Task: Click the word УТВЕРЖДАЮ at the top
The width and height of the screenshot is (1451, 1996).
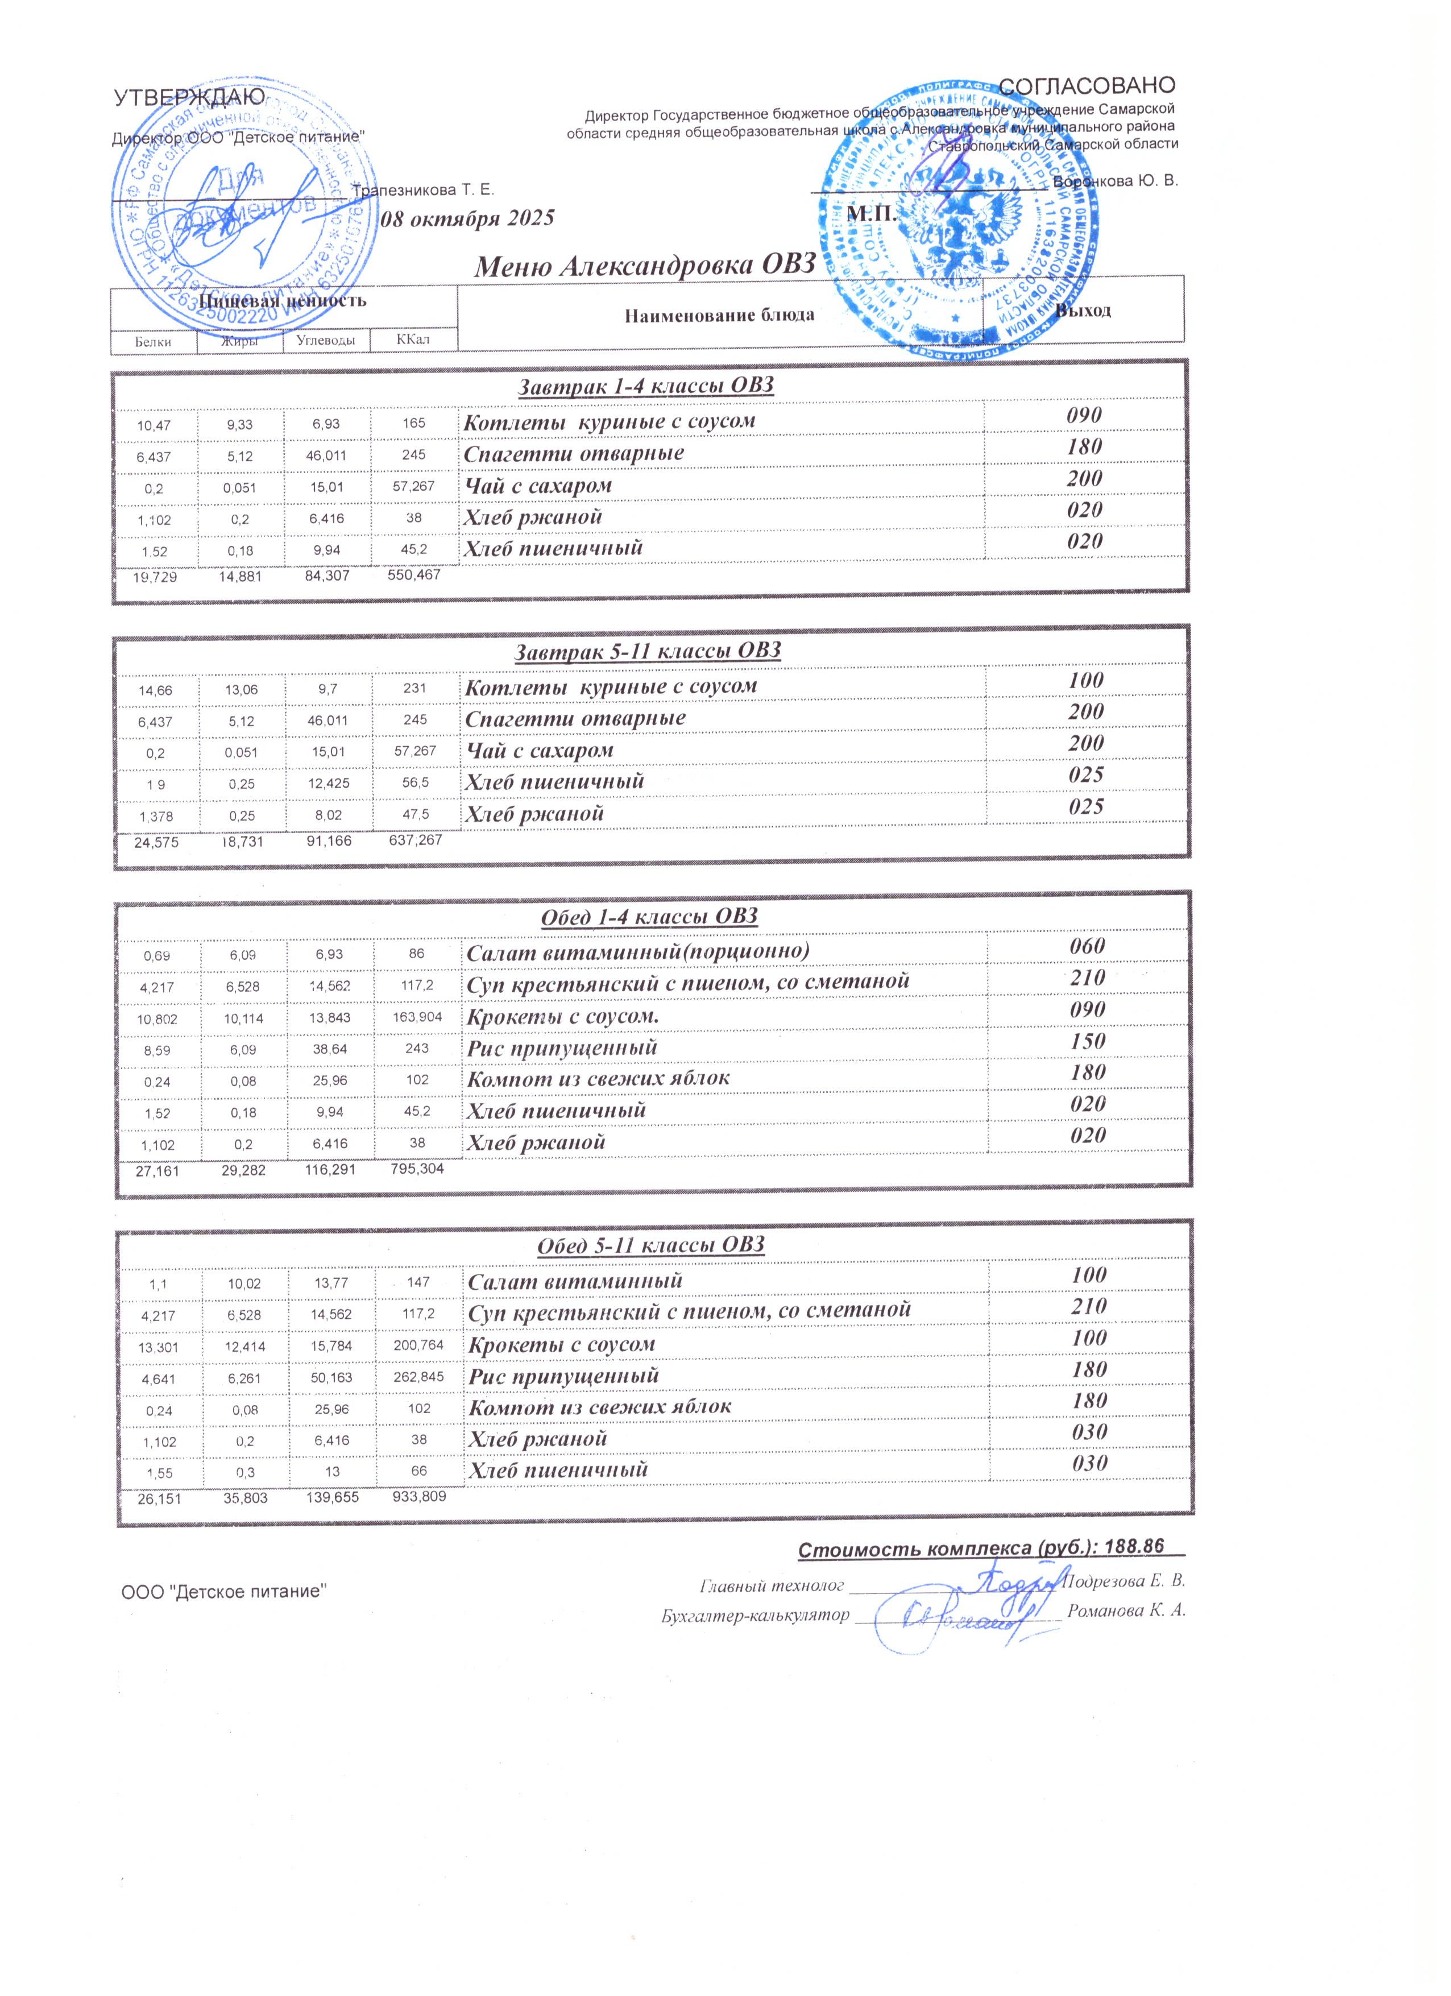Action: [x=189, y=98]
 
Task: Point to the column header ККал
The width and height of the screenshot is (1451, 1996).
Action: [x=413, y=339]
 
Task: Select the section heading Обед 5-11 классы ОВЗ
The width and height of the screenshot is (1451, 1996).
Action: [x=650, y=1245]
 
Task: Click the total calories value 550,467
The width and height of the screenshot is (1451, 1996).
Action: [x=413, y=575]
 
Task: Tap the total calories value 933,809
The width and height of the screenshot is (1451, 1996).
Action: [x=420, y=1496]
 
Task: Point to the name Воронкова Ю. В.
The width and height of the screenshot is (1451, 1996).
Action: [x=1115, y=181]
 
